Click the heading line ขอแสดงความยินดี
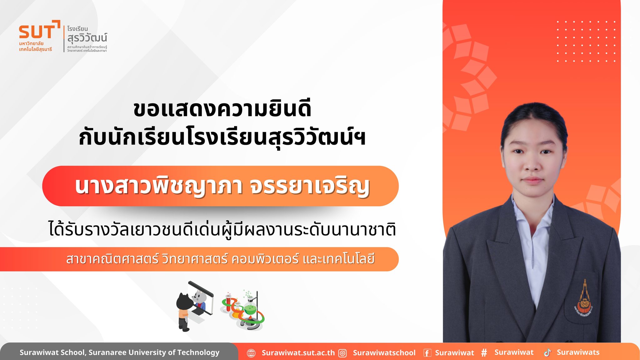pos(222,108)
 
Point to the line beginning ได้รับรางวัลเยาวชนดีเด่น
pos(222,229)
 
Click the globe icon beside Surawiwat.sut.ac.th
pos(251,353)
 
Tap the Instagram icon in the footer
pos(343,353)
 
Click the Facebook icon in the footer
pos(427,353)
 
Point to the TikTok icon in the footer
pos(547,352)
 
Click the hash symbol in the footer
pos(484,353)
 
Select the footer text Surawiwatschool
pos(384,353)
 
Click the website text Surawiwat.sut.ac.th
pos(298,353)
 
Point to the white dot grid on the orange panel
pos(586,41)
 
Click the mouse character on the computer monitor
pos(198,298)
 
